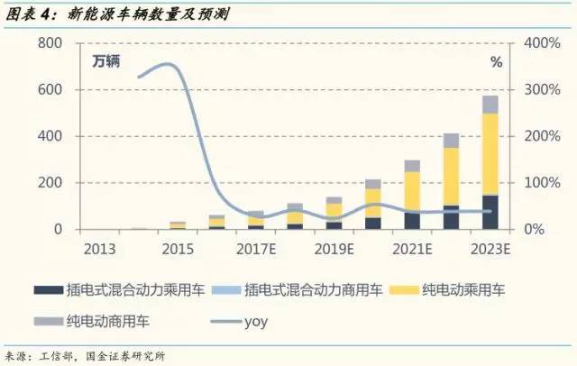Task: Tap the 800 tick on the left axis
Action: coord(49,43)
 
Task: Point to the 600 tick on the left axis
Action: coord(49,90)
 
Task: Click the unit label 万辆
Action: coord(106,62)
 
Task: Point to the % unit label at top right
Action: coord(496,62)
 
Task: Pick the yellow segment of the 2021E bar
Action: coord(412,191)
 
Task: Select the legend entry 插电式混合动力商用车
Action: coord(303,290)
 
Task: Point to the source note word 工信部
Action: coord(60,354)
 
